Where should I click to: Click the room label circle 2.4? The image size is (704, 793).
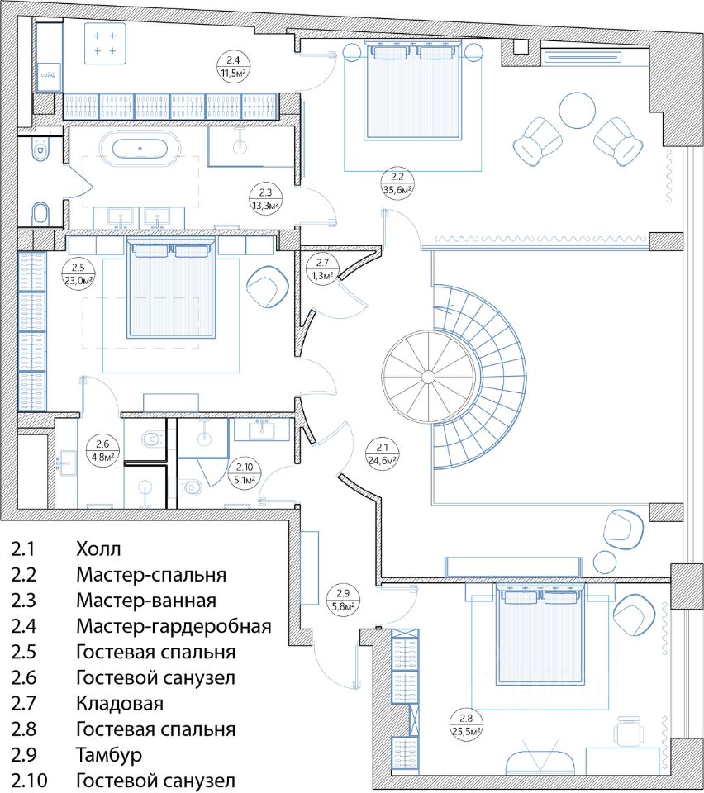[233, 67]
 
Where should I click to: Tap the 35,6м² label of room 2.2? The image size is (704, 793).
[397, 190]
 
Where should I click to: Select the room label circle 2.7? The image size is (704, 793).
[322, 269]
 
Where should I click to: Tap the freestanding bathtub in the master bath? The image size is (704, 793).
[140, 149]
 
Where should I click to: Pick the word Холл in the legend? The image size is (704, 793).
[98, 548]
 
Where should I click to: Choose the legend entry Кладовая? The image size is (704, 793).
[120, 704]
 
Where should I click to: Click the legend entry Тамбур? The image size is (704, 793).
[109, 755]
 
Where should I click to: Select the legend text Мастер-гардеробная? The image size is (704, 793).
[174, 627]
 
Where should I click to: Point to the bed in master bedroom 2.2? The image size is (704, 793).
[412, 91]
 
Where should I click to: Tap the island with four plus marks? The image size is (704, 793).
[105, 44]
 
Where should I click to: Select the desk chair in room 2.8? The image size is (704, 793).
[628, 731]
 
